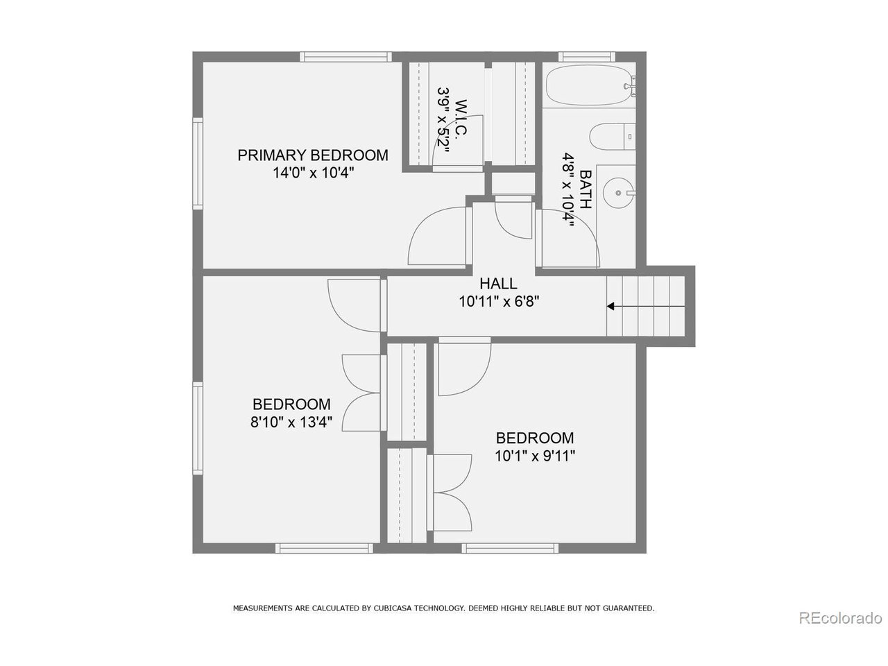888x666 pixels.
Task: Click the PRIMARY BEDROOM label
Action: pos(313,155)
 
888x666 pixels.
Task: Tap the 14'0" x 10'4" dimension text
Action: pos(313,173)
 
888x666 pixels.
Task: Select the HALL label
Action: pos(498,283)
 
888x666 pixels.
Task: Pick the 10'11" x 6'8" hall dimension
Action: pos(498,301)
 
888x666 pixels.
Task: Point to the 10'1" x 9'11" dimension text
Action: pos(534,456)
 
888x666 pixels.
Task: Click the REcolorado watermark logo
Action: pos(840,617)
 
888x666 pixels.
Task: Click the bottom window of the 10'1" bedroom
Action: pos(511,548)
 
